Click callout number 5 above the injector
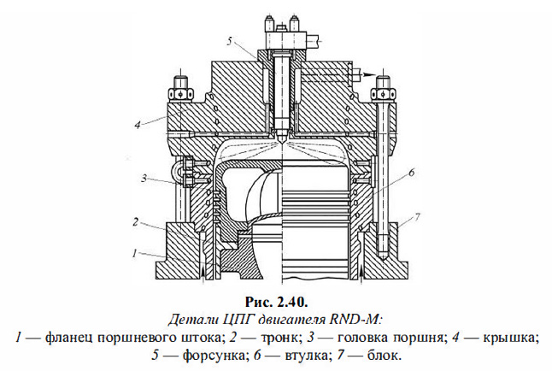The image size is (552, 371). (x=230, y=39)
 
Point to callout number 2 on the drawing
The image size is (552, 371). (x=134, y=221)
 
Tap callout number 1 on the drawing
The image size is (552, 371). (x=134, y=254)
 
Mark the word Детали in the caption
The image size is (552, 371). (x=195, y=318)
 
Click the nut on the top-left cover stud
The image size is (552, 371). (x=180, y=88)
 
